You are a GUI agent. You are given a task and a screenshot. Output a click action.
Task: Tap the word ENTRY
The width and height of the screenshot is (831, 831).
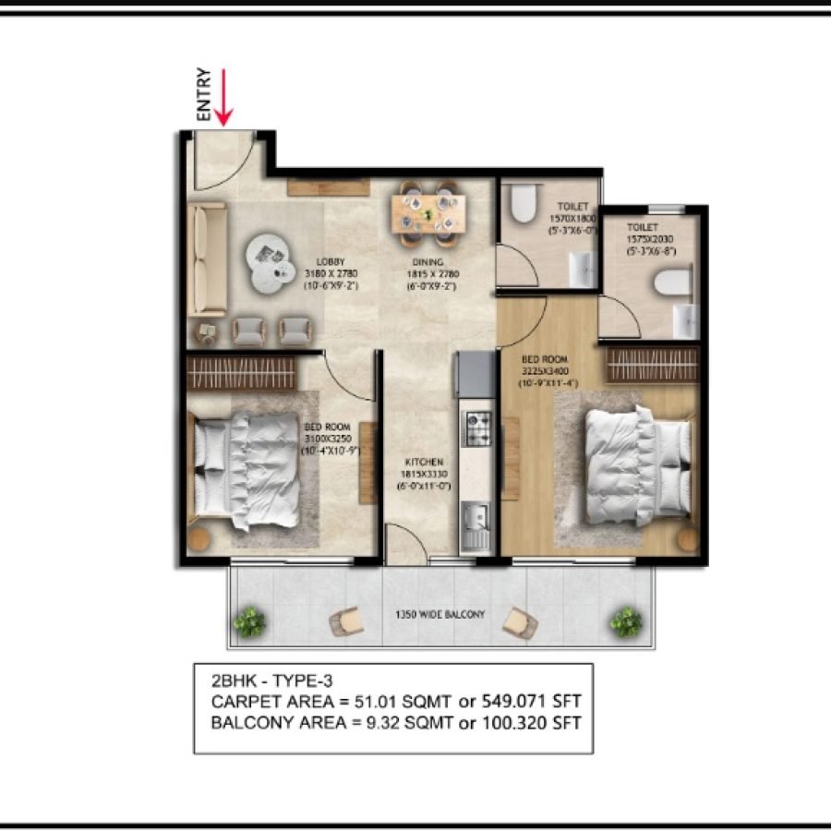click(204, 94)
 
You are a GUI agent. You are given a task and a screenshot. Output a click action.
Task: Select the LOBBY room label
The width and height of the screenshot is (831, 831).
click(331, 261)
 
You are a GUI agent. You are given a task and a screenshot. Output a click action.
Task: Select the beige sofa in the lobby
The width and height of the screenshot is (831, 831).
click(208, 259)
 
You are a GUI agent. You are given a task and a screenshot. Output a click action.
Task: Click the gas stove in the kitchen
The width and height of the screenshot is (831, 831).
click(477, 426)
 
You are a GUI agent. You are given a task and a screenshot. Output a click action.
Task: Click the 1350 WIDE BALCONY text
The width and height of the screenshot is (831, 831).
click(440, 614)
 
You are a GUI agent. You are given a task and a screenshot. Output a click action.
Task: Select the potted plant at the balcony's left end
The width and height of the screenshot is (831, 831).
click(249, 622)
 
